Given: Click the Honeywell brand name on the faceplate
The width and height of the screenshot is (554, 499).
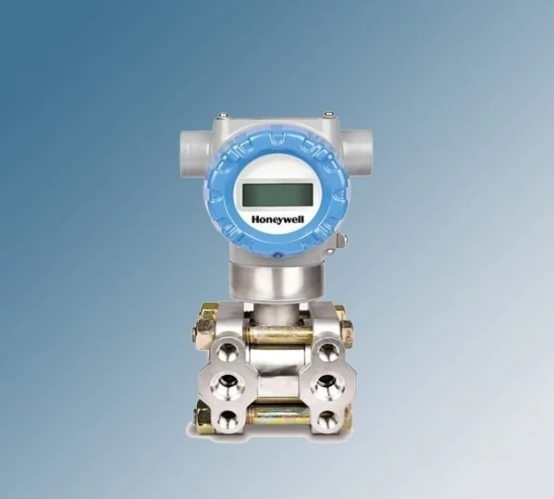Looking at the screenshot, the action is (277, 219).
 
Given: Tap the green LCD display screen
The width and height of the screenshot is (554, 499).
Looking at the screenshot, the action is (277, 195).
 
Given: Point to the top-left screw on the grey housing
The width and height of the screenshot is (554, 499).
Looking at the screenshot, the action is (223, 115).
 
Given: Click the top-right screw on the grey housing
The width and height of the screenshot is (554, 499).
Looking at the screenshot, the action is (329, 114).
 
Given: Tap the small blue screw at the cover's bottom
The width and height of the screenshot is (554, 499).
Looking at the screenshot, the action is (277, 256).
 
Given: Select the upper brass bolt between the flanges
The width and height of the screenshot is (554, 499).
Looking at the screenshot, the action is (278, 334).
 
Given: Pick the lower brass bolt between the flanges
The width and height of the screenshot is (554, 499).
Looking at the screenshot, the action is (279, 415).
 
